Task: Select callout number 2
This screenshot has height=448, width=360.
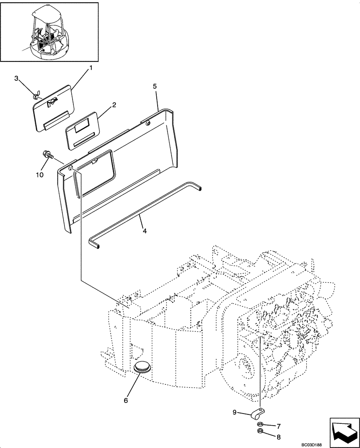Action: click(114, 105)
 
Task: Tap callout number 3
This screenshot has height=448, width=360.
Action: click(17, 79)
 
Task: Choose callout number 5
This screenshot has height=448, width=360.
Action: click(154, 86)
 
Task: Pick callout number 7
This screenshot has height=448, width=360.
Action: click(278, 426)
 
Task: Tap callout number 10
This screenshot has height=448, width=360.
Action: click(40, 175)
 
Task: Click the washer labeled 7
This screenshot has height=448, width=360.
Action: click(259, 424)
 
